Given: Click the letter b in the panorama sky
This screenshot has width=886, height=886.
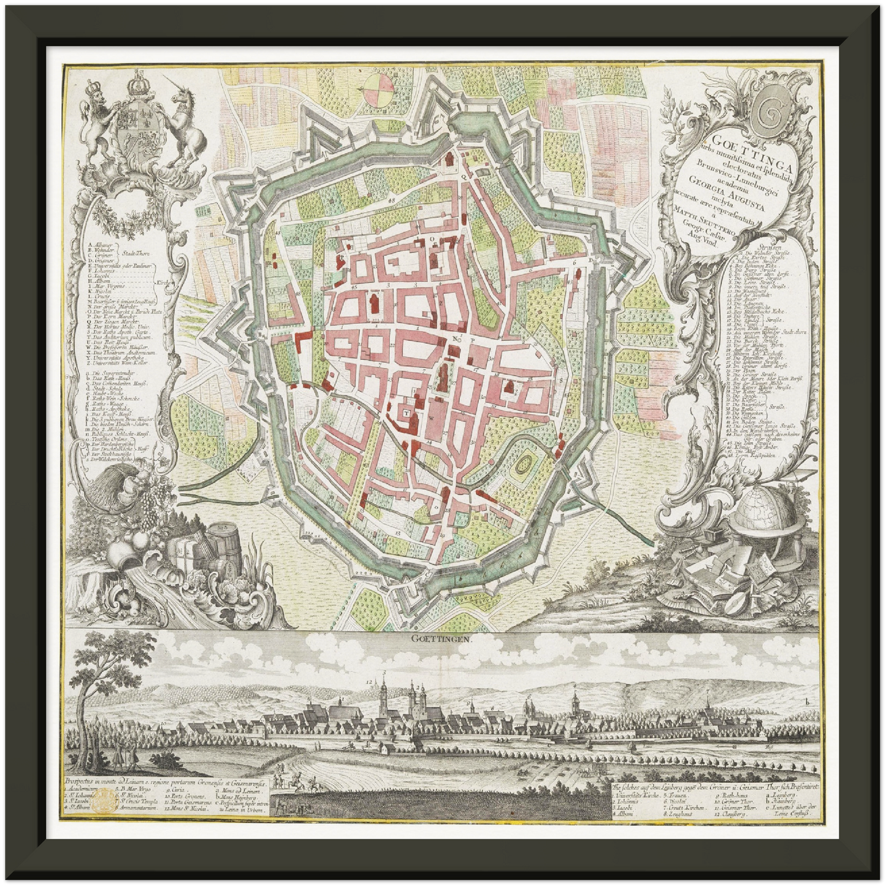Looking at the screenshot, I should (809, 701).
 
